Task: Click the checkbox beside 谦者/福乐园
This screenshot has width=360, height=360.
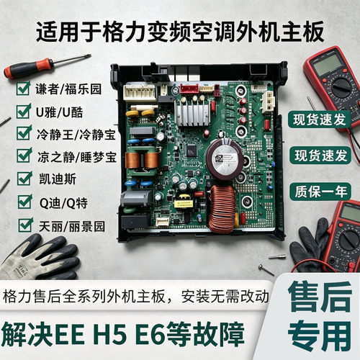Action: [24, 89]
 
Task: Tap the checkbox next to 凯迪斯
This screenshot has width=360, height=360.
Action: [24, 178]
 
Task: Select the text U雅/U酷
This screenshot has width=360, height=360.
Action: [59, 112]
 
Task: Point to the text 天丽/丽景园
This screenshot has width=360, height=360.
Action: [72, 226]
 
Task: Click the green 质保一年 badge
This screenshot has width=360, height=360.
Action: [320, 192]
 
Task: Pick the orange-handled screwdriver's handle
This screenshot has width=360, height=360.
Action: [28, 68]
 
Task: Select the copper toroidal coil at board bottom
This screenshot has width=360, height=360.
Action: [222, 209]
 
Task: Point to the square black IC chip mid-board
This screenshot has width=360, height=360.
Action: [192, 150]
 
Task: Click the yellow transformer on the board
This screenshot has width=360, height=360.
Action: [184, 202]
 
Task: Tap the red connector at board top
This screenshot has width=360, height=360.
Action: [189, 88]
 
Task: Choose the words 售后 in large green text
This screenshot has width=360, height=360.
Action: [320, 297]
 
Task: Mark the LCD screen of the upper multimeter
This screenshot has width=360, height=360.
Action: [328, 64]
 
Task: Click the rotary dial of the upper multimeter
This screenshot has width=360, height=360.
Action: [341, 86]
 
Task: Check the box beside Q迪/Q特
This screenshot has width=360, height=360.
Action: [25, 202]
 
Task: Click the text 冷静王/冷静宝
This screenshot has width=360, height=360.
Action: [76, 135]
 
